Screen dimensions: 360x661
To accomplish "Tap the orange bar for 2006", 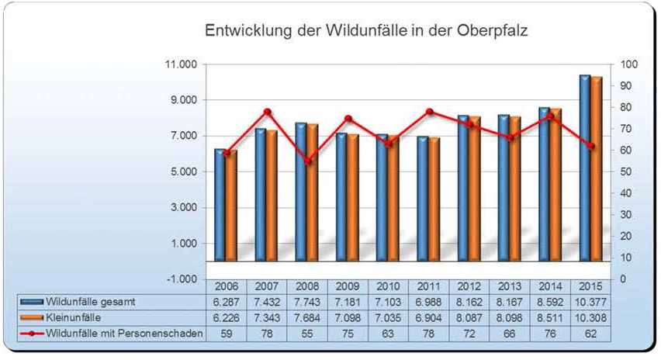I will pyautogui.click(x=231, y=206).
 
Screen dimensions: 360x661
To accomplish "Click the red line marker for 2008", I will pyautogui.click(x=307, y=161).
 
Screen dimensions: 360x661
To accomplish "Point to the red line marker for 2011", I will pyautogui.click(x=429, y=112).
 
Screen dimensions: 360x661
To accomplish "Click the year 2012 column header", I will pyautogui.click(x=469, y=286).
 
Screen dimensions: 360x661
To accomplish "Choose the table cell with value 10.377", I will pyautogui.click(x=590, y=301).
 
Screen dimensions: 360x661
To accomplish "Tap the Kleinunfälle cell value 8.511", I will pyautogui.click(x=550, y=317).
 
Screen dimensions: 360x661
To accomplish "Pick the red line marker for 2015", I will pyautogui.click(x=590, y=146).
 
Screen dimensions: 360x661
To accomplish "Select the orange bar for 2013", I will pyautogui.click(x=515, y=189).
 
